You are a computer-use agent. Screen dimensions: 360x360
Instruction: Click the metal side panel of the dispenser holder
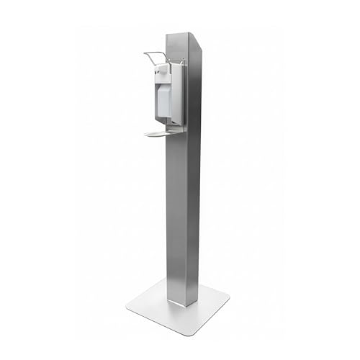[178, 94]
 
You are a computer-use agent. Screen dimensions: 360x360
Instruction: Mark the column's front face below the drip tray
[175, 216]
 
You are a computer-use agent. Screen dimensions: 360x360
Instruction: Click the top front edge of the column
[176, 34]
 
